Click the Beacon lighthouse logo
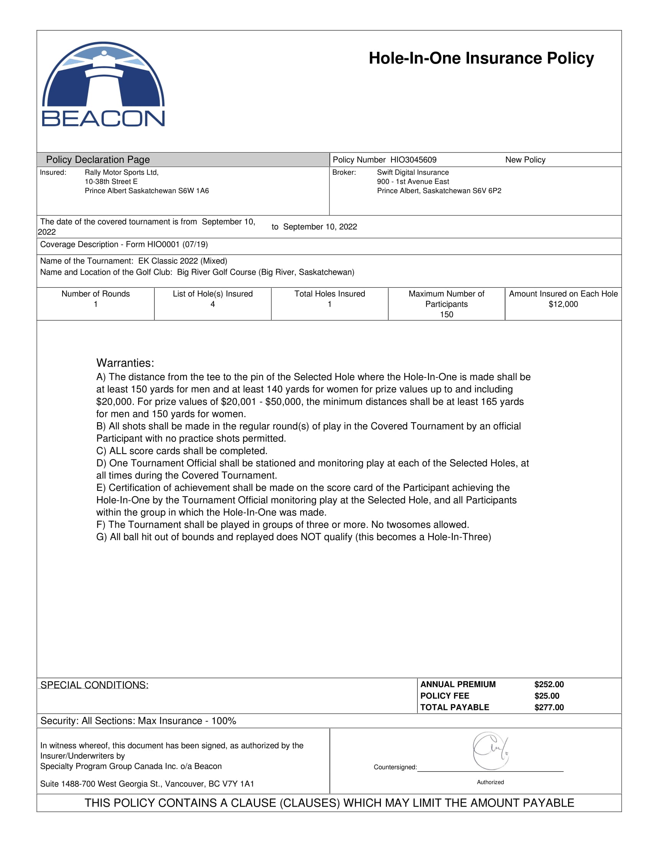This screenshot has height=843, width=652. click(103, 84)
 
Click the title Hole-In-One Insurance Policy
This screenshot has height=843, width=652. click(481, 58)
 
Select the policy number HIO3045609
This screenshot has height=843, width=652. click(413, 160)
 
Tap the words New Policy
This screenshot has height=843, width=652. click(525, 160)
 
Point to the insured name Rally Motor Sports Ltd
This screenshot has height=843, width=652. click(121, 172)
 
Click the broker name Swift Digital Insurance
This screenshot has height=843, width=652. click(413, 172)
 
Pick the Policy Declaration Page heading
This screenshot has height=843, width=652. click(98, 160)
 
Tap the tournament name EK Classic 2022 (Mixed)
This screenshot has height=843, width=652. click(182, 261)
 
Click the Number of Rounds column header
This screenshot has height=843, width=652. click(95, 294)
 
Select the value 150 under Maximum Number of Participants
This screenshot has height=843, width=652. click(446, 315)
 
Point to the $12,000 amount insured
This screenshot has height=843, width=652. click(563, 304)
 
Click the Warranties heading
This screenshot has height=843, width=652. click(125, 363)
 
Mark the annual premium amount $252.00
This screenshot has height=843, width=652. click(548, 684)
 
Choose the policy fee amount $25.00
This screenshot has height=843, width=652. click(547, 696)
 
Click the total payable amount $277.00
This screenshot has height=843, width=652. click(548, 707)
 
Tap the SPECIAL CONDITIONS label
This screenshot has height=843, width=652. click(94, 685)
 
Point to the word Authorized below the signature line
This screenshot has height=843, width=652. click(490, 782)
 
